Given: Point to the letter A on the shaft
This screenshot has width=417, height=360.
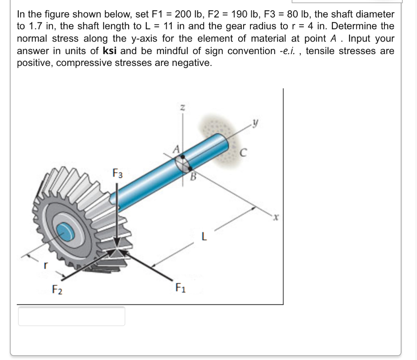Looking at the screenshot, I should point(177,149).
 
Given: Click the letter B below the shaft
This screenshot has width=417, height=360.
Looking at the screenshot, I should point(194,177).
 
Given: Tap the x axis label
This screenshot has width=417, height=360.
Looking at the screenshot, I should point(275,218).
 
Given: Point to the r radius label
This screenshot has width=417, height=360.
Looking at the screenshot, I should point(46,265).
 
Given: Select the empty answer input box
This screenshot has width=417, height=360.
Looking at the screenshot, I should point(71,316).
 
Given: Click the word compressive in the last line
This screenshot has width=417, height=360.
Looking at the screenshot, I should point(80,63).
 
